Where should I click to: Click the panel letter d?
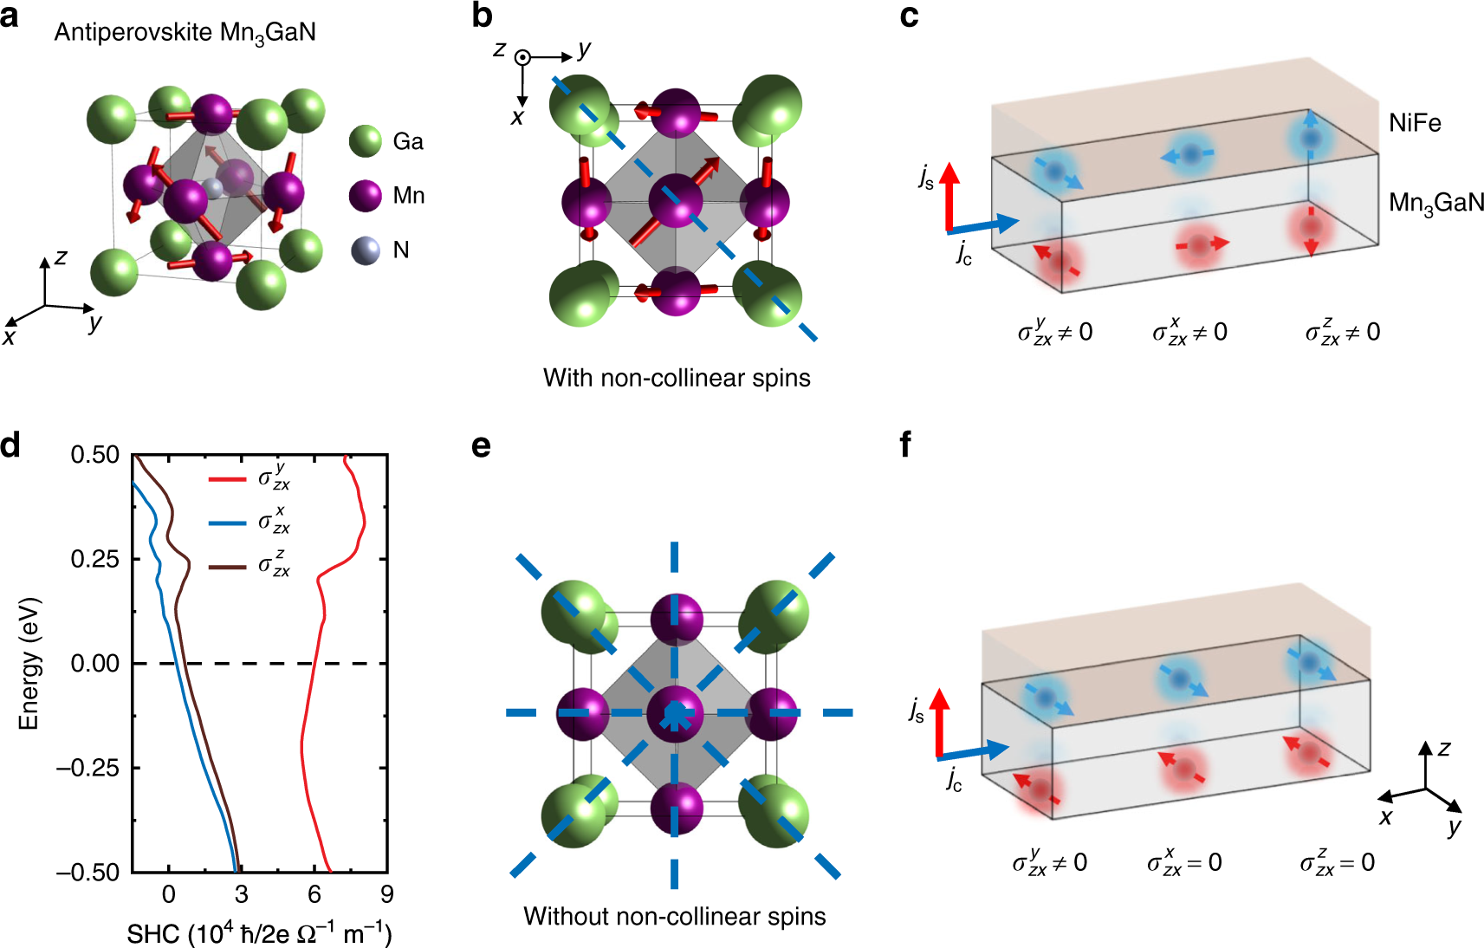[11, 446]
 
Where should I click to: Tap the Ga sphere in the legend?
[366, 141]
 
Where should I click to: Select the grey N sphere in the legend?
[366, 250]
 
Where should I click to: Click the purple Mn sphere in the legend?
[366, 196]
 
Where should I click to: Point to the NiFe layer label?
[1415, 123]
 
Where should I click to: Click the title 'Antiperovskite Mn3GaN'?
[185, 33]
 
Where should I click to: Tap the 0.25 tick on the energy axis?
[95, 559]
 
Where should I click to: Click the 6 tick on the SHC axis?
[314, 894]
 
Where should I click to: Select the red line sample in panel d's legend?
[227, 478]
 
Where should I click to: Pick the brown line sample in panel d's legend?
[227, 568]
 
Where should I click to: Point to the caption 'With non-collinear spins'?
[677, 378]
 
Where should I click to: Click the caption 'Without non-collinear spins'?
[674, 917]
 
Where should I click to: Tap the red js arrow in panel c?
[950, 195]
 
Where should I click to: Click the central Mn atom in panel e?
[675, 713]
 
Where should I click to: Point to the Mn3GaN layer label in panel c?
[1435, 204]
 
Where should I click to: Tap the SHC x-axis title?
[259, 934]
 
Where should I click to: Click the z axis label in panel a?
[61, 257]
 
